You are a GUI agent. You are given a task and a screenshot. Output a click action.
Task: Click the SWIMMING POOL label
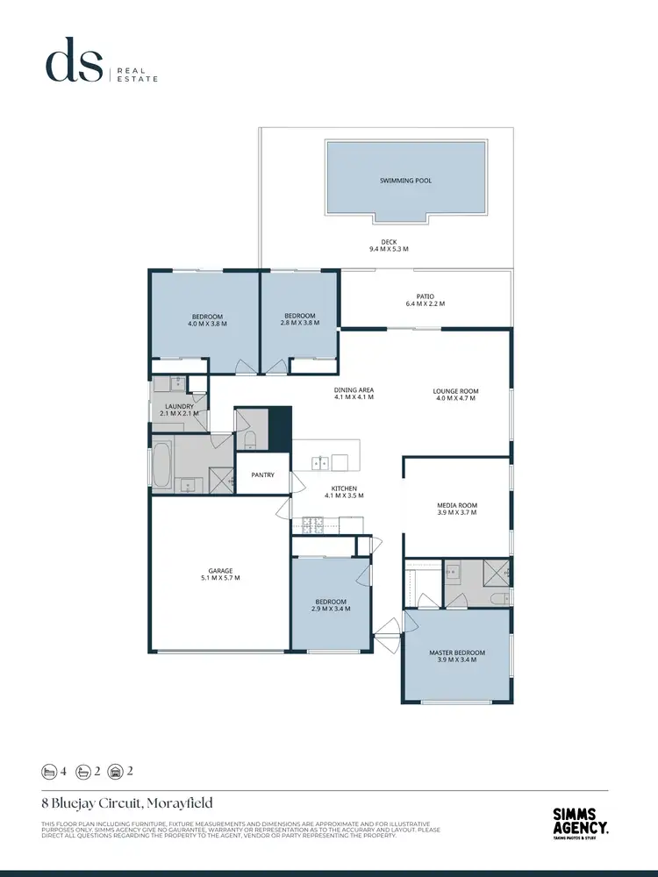pos(405,181)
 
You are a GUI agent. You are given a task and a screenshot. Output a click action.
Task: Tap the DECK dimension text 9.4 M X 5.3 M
pos(389,250)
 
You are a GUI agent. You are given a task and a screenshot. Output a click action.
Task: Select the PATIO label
pos(426,296)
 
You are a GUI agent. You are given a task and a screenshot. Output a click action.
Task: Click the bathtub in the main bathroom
pos(161,465)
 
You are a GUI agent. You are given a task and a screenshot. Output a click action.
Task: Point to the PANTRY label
pos(262,475)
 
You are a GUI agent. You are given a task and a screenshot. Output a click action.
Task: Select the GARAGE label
pos(220,571)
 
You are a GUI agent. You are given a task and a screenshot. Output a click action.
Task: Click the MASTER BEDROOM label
pos(456,652)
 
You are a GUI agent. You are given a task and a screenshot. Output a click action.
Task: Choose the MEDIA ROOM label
pos(456,505)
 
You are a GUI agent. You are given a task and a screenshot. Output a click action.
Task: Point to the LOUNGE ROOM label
pos(456,391)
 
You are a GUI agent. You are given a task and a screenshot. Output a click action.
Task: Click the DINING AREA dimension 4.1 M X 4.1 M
pos(354,397)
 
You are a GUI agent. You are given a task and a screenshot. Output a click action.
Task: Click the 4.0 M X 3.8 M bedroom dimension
pos(207,324)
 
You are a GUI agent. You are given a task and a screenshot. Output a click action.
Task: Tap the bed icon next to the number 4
pos(47,772)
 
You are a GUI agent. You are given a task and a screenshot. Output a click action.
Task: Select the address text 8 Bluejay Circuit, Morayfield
pos(127,802)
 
